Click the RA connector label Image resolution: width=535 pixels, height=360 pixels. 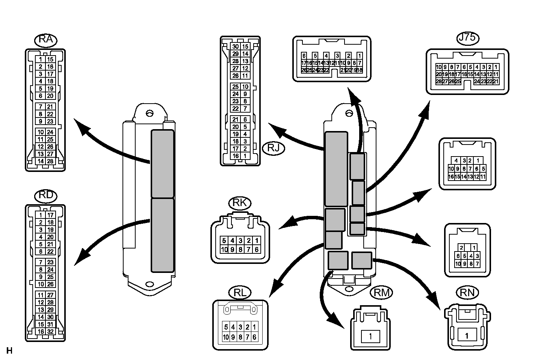pyautogui.click(x=45, y=40)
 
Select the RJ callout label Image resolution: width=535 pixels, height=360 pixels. pyautogui.click(x=274, y=148)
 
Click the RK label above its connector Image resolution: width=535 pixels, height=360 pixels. pyautogui.click(x=240, y=203)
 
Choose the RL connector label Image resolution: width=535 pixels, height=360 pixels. pyautogui.click(x=240, y=293)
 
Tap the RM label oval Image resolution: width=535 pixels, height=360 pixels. pyautogui.click(x=381, y=293)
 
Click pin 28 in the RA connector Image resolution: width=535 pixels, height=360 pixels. pyautogui.click(x=50, y=161)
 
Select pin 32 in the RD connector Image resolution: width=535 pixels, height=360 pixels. pyautogui.click(x=50, y=331)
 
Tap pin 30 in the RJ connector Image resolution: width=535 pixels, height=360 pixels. pyautogui.click(x=236, y=47)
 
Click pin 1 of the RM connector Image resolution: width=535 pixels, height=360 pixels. pyautogui.click(x=370, y=336)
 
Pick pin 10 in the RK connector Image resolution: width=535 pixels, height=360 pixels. pyautogui.click(x=224, y=249)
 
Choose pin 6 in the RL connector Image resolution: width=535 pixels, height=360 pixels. pyautogui.click(x=254, y=337)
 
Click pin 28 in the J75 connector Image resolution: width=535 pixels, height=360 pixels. pyautogui.click(x=439, y=81)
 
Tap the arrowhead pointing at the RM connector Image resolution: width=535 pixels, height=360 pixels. pyautogui.click(x=337, y=321)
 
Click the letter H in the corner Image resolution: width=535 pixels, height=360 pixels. pyautogui.click(x=9, y=351)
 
